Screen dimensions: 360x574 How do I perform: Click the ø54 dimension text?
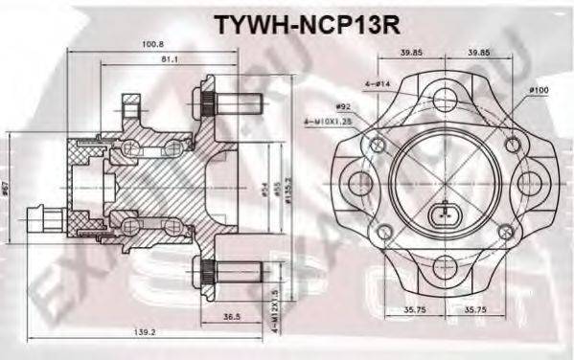(x=238, y=192)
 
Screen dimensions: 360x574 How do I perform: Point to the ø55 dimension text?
(x=251, y=192)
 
